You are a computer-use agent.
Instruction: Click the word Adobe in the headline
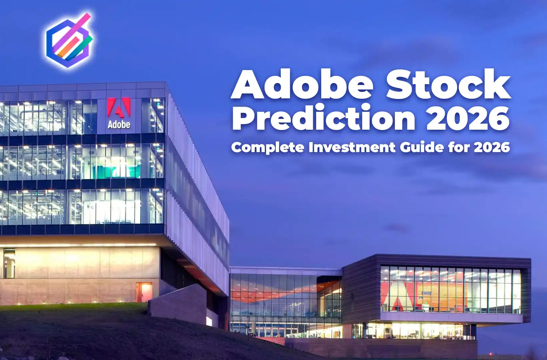coord(302,84)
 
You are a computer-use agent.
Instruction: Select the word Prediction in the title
coord(324,117)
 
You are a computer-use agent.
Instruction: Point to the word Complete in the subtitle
coord(267,147)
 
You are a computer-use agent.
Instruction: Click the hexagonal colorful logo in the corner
coord(69,40)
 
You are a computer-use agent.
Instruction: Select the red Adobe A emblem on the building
coord(119,108)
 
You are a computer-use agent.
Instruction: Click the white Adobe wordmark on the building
coord(119,125)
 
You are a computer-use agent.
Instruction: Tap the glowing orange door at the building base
coord(144,292)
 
